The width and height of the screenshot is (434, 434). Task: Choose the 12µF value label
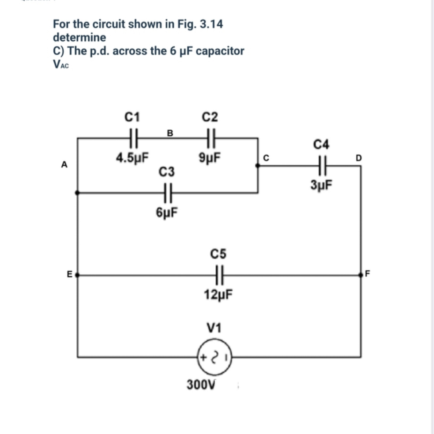(x=219, y=295)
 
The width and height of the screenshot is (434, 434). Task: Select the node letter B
(x=170, y=133)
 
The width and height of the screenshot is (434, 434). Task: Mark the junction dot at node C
(x=257, y=165)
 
